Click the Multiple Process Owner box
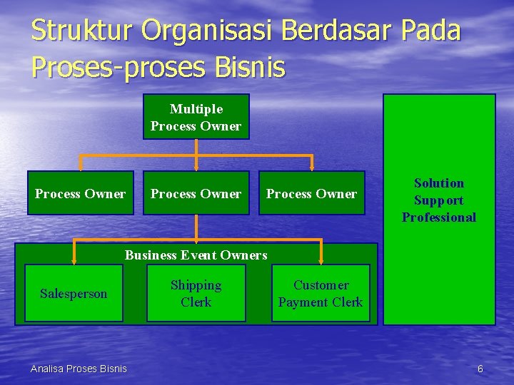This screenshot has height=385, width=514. (196, 116)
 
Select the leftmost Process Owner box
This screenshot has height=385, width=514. (81, 193)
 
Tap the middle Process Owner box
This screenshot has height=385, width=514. (196, 193)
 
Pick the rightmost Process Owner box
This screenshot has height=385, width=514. (312, 193)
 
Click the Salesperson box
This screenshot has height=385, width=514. (74, 293)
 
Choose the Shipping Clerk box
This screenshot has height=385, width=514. (196, 293)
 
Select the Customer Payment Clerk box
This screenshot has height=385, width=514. (321, 293)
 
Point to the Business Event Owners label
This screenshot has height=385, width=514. (196, 255)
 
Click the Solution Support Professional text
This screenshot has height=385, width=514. (439, 200)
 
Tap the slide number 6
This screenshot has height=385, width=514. (480, 369)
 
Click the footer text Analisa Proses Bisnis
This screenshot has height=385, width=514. (79, 368)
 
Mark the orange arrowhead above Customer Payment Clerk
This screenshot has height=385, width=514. (321, 260)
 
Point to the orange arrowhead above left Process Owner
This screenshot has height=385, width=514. (81, 167)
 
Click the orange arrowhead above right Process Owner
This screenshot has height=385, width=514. (312, 167)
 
